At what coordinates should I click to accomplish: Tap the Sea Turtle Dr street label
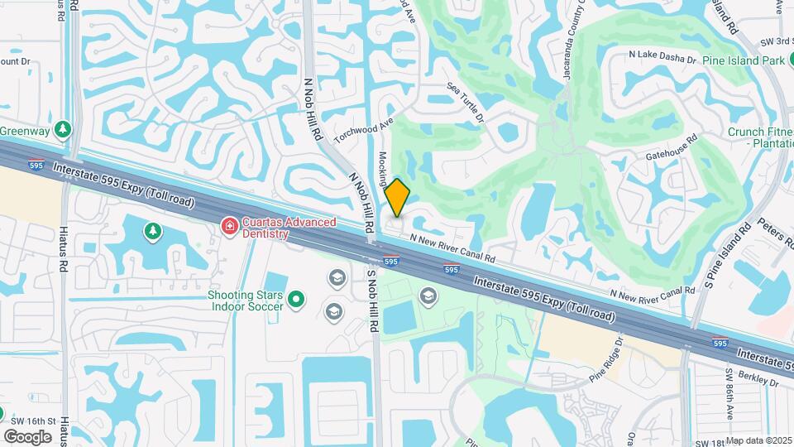coord(465,102)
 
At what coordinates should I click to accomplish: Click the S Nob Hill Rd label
coord(372,300)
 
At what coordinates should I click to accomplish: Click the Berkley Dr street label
coord(762,382)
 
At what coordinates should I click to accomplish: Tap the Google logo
coord(27,436)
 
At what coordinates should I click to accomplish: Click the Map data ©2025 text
coord(758,440)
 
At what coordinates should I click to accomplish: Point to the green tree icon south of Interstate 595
coord(151,232)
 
